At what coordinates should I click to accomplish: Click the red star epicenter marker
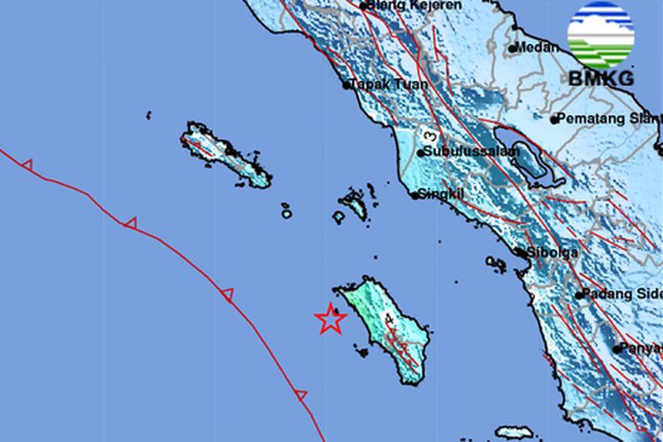[330, 319]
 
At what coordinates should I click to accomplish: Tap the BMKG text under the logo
[601, 79]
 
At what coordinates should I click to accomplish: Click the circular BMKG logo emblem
[601, 34]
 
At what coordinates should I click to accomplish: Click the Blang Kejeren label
[415, 5]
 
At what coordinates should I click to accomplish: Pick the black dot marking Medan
[513, 48]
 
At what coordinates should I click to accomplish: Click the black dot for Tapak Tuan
[347, 85]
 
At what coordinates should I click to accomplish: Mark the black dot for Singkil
[413, 194]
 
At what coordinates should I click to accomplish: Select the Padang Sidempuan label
[623, 294]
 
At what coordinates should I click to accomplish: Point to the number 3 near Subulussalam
[431, 135]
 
